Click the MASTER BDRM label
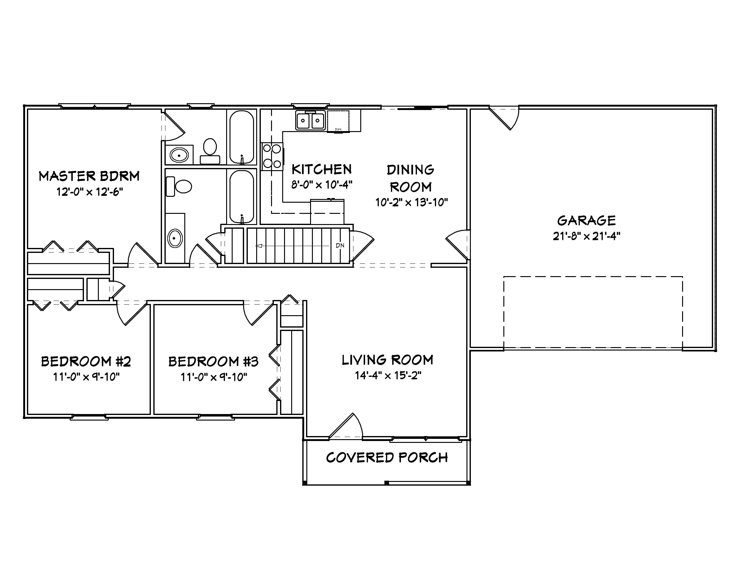(89, 176)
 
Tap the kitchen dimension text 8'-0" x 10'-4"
(322, 185)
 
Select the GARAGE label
(586, 221)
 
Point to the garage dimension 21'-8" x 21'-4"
(586, 236)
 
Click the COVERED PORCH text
(387, 458)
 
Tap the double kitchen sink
(310, 120)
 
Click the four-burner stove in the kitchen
(272, 157)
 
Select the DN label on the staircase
(340, 245)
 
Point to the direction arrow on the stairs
(259, 246)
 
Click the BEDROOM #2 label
(86, 361)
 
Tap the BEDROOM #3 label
(213, 362)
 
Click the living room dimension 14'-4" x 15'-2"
(388, 376)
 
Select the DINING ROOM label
(410, 178)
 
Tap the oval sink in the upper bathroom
(179, 155)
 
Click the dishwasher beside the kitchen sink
(338, 121)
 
